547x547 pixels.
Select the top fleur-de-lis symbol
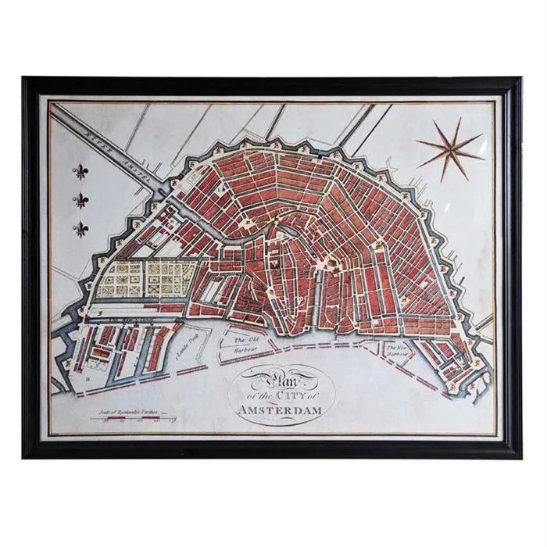[x=80, y=173]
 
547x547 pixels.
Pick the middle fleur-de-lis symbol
[x=80, y=201]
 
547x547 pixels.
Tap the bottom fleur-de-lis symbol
[x=80, y=229]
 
